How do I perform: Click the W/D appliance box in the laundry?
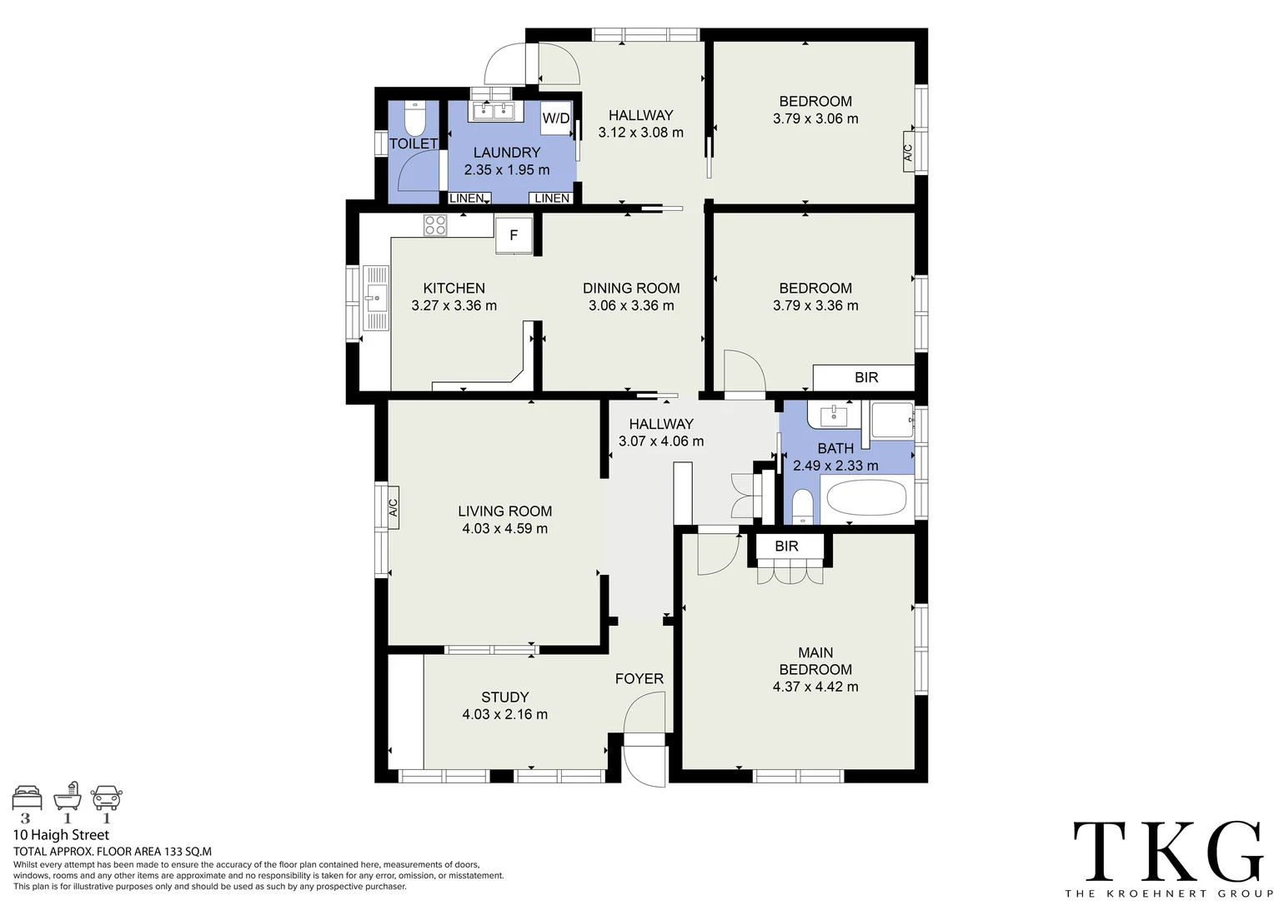556,118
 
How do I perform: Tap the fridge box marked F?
514,235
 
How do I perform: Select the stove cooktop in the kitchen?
434,225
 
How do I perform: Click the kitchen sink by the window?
376,298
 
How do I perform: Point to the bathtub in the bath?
865,499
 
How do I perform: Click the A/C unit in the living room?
393,507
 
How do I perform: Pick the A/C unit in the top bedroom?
908,152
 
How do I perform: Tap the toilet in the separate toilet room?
414,118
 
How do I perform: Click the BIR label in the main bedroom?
786,546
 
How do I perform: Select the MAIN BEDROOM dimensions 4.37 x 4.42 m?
815,687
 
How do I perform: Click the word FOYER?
639,679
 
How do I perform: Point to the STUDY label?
504,697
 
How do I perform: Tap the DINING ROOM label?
631,289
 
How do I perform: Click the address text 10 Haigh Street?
61,835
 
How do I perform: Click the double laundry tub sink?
493,111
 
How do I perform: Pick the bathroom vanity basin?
833,415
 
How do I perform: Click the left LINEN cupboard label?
467,199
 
